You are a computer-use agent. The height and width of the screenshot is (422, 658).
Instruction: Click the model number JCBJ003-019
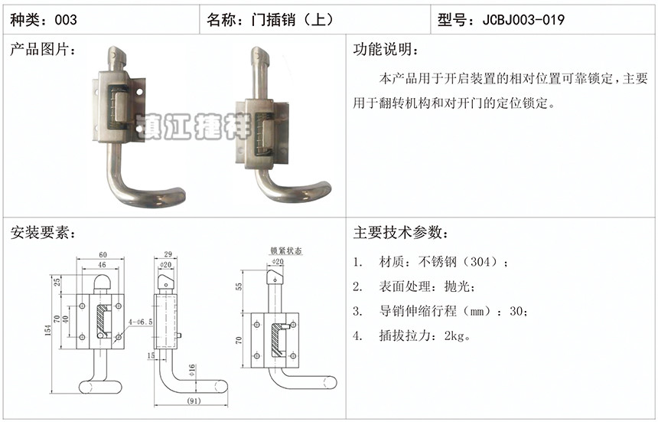523,20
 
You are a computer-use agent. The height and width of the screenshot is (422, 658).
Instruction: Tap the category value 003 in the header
66,20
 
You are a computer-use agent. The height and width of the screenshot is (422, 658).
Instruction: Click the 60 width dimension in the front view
103,254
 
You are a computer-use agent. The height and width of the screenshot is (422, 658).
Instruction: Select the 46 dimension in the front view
102,265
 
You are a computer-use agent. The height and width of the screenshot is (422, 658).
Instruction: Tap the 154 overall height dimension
48,330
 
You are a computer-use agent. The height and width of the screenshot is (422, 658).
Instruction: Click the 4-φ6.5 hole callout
141,322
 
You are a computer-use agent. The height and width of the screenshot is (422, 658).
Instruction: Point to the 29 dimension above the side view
168,254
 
